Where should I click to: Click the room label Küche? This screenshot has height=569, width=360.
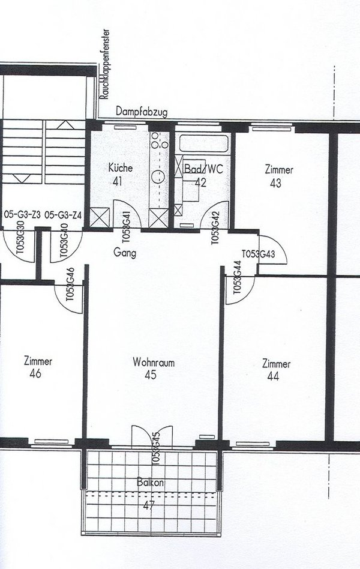click(x=121, y=168)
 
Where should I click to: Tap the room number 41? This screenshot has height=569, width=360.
click(x=118, y=181)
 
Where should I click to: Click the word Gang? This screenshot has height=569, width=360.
click(x=124, y=253)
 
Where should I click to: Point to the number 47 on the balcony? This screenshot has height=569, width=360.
click(x=148, y=506)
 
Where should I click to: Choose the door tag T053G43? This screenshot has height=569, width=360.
click(x=257, y=254)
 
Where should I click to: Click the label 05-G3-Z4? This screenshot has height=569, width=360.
click(x=64, y=214)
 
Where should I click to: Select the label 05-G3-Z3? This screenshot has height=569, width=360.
click(x=22, y=214)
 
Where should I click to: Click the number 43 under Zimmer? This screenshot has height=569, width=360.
click(x=275, y=183)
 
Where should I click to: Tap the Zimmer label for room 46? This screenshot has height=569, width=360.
click(x=38, y=361)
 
